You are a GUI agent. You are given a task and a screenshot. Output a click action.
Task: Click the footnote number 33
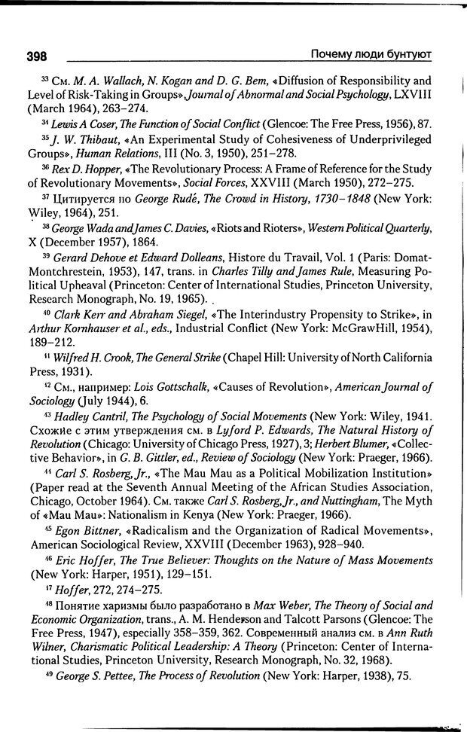[x=44, y=78]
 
